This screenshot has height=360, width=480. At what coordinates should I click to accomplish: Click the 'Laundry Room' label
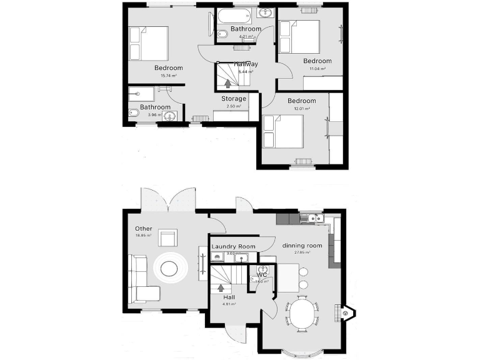pyautogui.click(x=233, y=247)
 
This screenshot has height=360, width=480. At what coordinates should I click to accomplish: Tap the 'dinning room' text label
pyautogui.click(x=302, y=246)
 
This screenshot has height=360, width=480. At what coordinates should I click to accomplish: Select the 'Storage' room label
pyautogui.click(x=234, y=99)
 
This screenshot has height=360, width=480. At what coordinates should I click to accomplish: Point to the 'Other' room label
pyautogui.click(x=144, y=229)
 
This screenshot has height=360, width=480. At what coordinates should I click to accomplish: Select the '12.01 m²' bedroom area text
pyautogui.click(x=301, y=109)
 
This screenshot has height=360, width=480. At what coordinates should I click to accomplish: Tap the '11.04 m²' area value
pyautogui.click(x=317, y=69)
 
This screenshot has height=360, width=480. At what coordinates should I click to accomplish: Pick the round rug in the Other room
pyautogui.click(x=169, y=268)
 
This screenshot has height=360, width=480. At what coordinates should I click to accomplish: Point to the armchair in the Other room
pyautogui.click(x=167, y=238)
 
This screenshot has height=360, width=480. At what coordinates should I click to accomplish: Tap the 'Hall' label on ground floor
pyautogui.click(x=229, y=297)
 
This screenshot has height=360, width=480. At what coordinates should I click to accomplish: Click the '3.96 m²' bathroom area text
pyautogui.click(x=152, y=115)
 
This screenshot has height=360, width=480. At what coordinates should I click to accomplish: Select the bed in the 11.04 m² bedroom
pyautogui.click(x=299, y=37)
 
